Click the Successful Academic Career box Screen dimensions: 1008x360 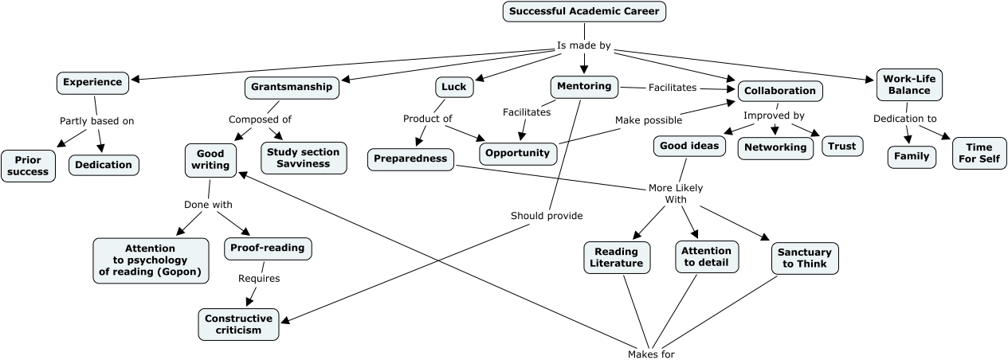click(584, 11)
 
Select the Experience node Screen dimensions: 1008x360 click(92, 83)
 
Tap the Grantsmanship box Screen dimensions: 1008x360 click(292, 88)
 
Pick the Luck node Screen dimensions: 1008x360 click(454, 87)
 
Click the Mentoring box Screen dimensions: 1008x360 click(584, 87)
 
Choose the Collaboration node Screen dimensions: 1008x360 click(780, 91)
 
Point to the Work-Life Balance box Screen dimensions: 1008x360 click(909, 84)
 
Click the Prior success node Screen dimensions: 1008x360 click(28, 166)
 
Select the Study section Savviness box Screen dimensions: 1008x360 click(304, 158)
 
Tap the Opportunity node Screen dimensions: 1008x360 click(517, 154)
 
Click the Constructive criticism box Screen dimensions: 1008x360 click(238, 324)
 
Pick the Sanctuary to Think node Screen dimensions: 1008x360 click(805, 258)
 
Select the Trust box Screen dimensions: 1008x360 click(842, 147)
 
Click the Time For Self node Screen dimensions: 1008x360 click(979, 154)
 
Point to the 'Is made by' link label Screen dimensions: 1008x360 click(583, 45)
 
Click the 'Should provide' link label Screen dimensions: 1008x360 click(547, 216)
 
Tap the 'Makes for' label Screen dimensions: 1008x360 click(651, 354)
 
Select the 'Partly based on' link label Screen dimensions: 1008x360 click(96, 121)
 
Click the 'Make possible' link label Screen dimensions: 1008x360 click(649, 120)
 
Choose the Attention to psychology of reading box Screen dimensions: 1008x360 click(151, 260)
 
